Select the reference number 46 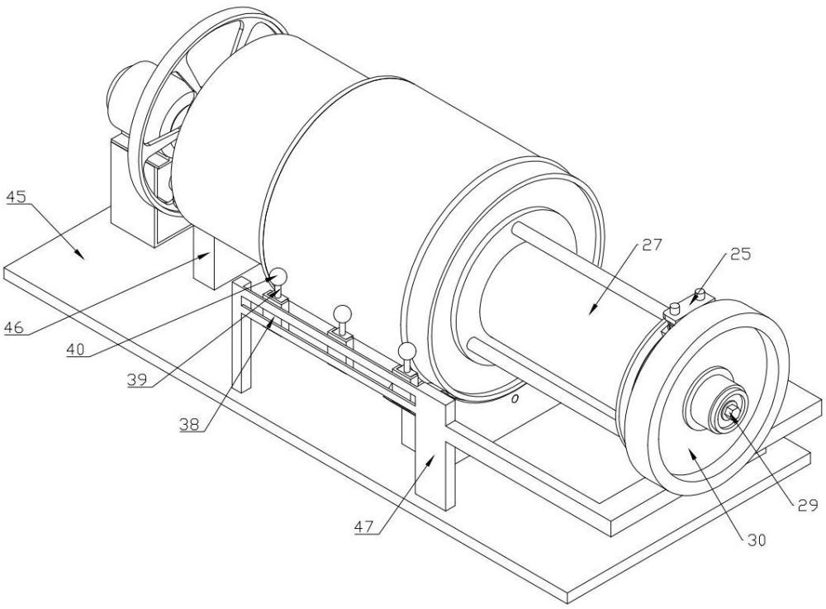(x=14, y=328)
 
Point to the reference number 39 (x=137, y=379)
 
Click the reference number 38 (x=189, y=424)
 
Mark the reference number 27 (x=651, y=245)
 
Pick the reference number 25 (x=740, y=254)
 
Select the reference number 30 (x=756, y=540)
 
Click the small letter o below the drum (x=515, y=399)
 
